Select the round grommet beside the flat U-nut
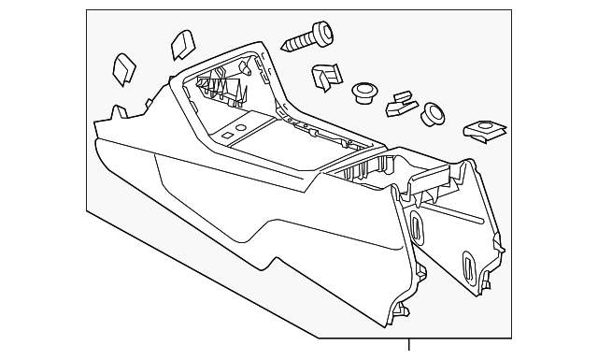(x=433, y=113)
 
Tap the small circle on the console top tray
(x=242, y=123)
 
